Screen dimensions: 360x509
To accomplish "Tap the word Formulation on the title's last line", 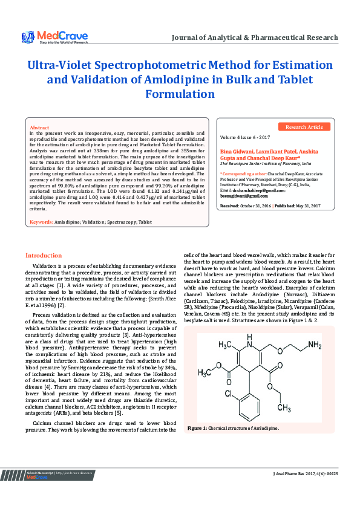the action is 180,94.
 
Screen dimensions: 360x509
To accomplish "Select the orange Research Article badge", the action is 304,127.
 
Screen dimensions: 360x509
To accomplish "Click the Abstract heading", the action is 39,128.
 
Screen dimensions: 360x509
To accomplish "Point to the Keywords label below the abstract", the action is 42,222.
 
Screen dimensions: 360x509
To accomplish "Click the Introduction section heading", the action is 43,273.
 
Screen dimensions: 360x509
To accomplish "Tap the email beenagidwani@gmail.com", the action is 243,196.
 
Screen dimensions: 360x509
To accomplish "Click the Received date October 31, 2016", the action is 255,206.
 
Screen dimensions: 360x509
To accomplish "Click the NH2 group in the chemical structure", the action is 315,345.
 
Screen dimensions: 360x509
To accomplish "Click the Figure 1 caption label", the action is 198,445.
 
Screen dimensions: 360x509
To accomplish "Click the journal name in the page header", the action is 255,37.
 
